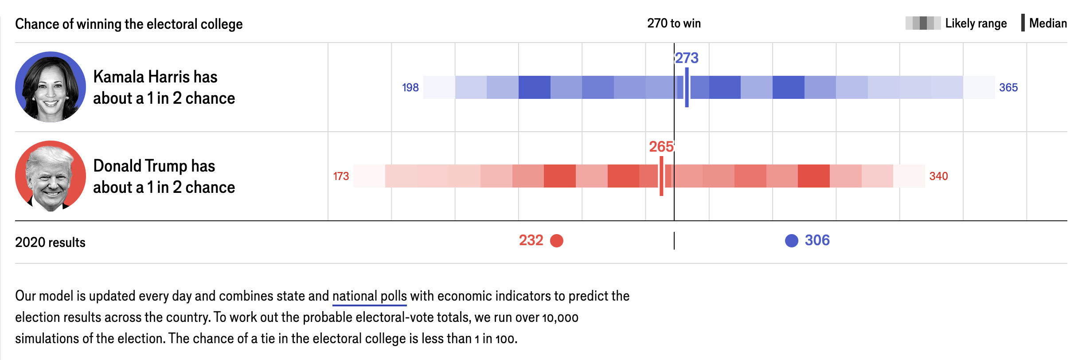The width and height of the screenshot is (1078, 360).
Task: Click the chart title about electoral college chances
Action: click(129, 24)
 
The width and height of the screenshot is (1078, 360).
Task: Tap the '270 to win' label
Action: click(674, 23)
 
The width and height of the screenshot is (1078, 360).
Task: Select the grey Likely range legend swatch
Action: click(923, 23)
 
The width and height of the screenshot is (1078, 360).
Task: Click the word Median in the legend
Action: click(1048, 23)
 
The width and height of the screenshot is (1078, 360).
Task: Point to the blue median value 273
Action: click(687, 58)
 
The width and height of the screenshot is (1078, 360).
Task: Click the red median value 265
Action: click(661, 147)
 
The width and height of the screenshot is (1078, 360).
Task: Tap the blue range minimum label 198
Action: click(410, 88)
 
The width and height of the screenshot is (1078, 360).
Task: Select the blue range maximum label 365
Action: click(1008, 88)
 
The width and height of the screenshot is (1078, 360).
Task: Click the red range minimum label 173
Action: click(341, 176)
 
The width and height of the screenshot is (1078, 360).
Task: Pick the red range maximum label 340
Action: click(938, 176)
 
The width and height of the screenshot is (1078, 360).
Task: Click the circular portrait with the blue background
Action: click(51, 87)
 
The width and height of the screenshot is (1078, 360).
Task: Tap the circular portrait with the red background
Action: click(51, 176)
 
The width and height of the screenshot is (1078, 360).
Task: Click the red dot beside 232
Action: click(557, 241)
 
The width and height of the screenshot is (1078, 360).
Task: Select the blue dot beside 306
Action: click(791, 241)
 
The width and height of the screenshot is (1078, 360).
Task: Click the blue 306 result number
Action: click(817, 240)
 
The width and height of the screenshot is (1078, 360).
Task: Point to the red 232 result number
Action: click(531, 240)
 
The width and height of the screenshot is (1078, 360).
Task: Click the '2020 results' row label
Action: click(50, 243)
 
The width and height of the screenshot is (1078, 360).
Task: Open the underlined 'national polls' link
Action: click(369, 296)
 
